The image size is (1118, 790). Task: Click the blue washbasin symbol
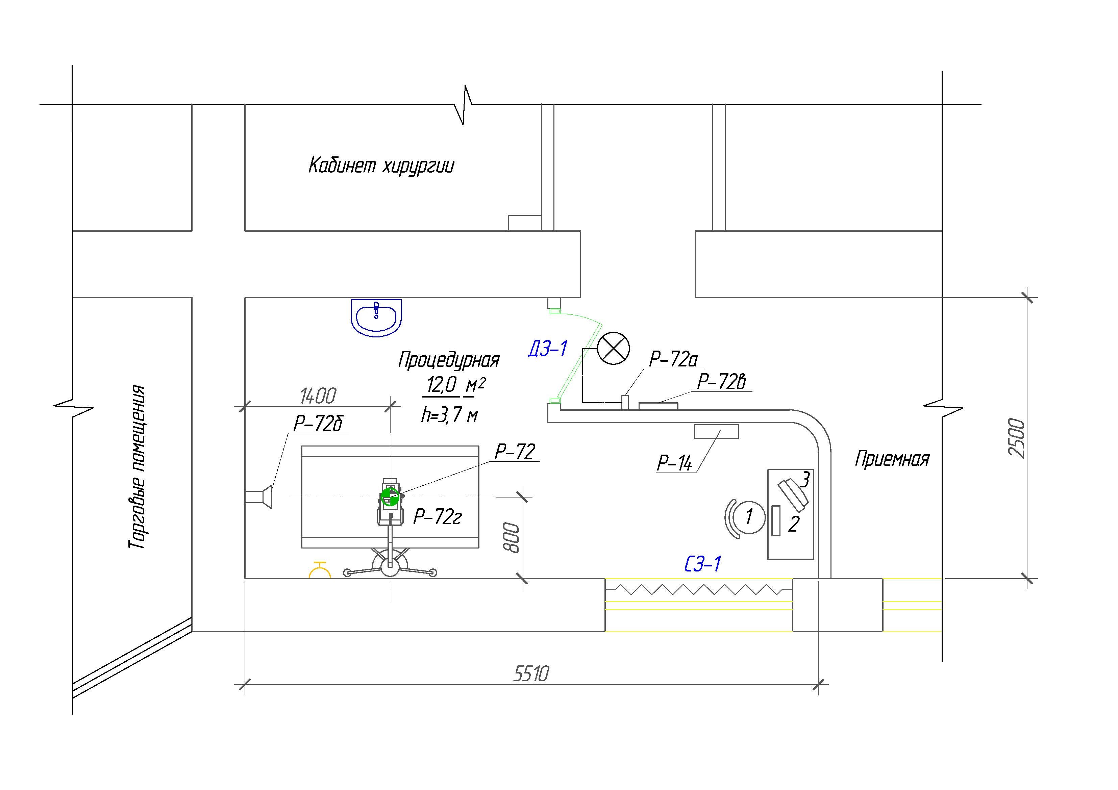pyautogui.click(x=376, y=317)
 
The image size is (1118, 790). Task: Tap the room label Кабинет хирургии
pyautogui.click(x=381, y=166)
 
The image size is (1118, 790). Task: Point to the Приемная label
pyautogui.click(x=892, y=459)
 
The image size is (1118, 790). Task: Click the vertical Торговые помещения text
pyautogui.click(x=137, y=467)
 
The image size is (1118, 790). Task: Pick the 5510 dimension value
pyautogui.click(x=531, y=674)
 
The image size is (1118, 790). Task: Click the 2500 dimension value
pyautogui.click(x=1016, y=438)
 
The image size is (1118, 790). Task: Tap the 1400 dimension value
pyautogui.click(x=318, y=396)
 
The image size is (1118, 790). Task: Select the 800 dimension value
pyautogui.click(x=511, y=538)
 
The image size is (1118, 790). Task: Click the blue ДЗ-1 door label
pyautogui.click(x=548, y=349)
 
